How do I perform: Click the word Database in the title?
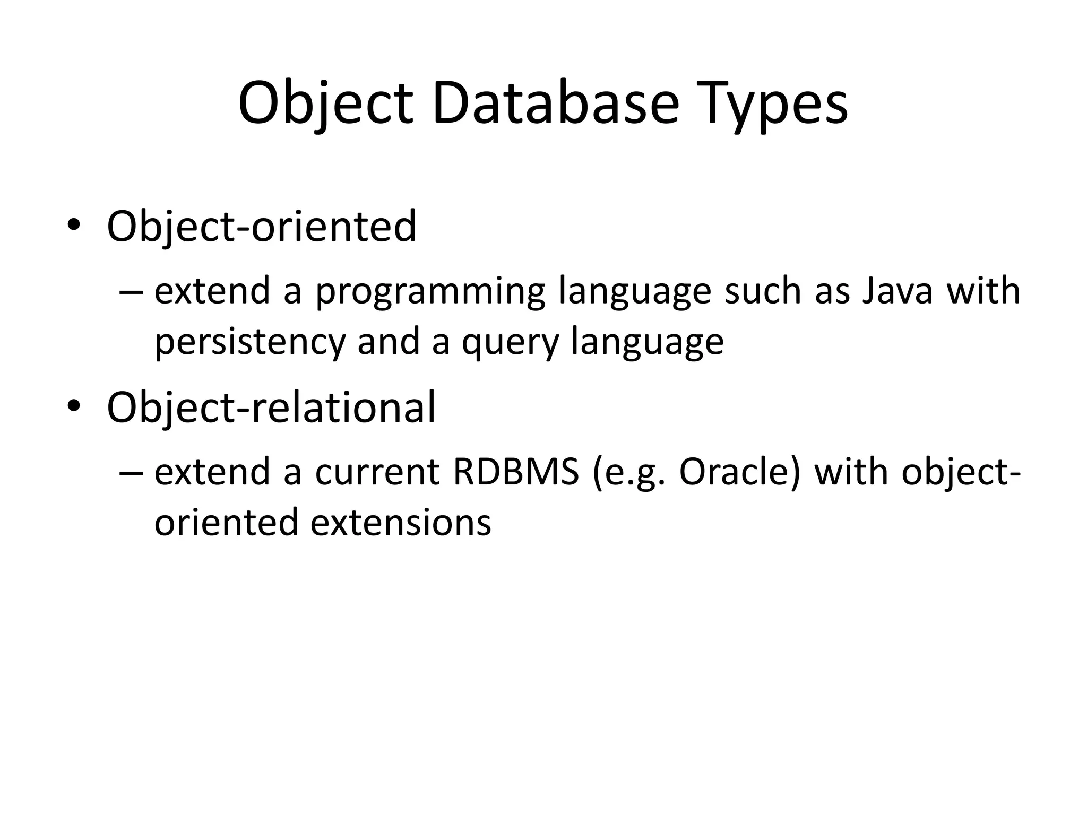(555, 103)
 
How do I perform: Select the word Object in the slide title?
(325, 103)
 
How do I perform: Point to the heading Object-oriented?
(262, 227)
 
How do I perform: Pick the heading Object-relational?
(271, 407)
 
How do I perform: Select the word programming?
(430, 292)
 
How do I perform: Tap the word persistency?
(250, 342)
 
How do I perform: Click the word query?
(510, 342)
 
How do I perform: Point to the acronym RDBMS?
(515, 472)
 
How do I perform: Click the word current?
(377, 472)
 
